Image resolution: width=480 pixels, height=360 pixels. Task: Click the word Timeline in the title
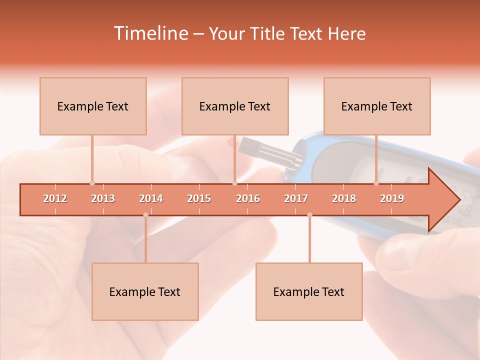[x=150, y=33]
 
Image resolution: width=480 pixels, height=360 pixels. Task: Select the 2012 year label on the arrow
[x=55, y=198]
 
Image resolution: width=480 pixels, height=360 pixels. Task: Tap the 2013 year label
[x=103, y=198]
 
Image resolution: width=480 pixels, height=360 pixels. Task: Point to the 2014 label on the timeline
[x=151, y=198]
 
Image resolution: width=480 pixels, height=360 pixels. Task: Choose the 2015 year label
[x=199, y=198]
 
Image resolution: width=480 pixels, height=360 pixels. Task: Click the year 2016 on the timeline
[x=248, y=198]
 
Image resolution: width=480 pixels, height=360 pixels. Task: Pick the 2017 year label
[x=296, y=198]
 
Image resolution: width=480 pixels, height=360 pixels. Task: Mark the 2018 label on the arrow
[x=344, y=198]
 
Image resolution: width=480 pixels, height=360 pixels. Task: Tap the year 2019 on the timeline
[x=392, y=198]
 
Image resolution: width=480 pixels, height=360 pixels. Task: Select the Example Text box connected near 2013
[x=93, y=106]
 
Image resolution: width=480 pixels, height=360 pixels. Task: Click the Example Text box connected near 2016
[x=235, y=106]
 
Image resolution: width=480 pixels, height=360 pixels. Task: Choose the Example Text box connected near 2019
[x=377, y=106]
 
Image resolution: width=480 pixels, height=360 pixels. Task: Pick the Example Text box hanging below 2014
[x=145, y=291]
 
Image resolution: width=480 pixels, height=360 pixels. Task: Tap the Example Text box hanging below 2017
[x=309, y=291]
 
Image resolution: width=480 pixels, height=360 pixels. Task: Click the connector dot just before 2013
[x=92, y=183]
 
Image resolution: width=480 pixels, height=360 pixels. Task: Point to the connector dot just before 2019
[x=376, y=183]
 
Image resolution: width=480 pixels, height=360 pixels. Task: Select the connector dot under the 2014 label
[x=145, y=215]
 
